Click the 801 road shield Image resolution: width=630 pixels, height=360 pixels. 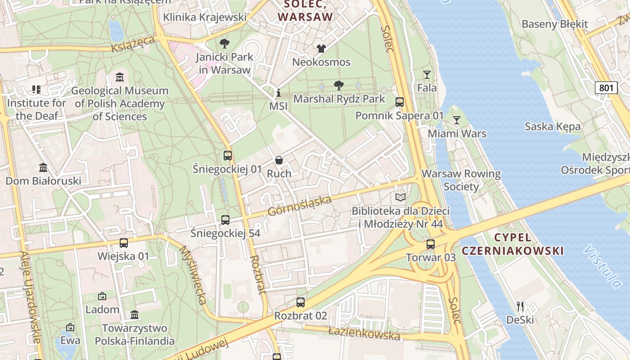tap(606, 88)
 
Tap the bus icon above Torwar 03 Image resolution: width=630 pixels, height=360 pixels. tap(431, 244)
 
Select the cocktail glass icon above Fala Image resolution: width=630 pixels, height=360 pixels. tap(427, 74)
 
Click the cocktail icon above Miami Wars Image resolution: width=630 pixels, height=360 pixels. tap(457, 120)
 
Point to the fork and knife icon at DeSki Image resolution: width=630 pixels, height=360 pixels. tap(520, 306)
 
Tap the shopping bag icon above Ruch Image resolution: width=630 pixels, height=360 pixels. tap(279, 160)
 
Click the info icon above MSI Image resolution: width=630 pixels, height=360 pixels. tap(279, 93)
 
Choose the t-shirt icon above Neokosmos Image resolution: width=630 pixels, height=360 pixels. tap(321, 49)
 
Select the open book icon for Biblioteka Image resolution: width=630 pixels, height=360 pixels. tap(400, 197)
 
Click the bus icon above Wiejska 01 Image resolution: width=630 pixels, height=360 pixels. tap(123, 243)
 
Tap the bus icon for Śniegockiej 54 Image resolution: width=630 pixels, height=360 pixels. tap(225, 220)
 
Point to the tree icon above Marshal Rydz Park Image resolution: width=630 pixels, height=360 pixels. tap(339, 85)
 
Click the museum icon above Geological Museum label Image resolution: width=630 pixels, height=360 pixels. tap(120, 77)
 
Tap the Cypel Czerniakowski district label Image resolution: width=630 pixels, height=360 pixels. tap(529, 244)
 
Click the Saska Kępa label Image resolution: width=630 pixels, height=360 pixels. tap(553, 126)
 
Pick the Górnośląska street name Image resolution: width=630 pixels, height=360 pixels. tap(300, 205)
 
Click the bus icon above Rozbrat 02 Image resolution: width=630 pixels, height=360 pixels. tap(301, 302)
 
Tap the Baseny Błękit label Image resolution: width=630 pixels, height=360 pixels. tap(554, 24)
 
